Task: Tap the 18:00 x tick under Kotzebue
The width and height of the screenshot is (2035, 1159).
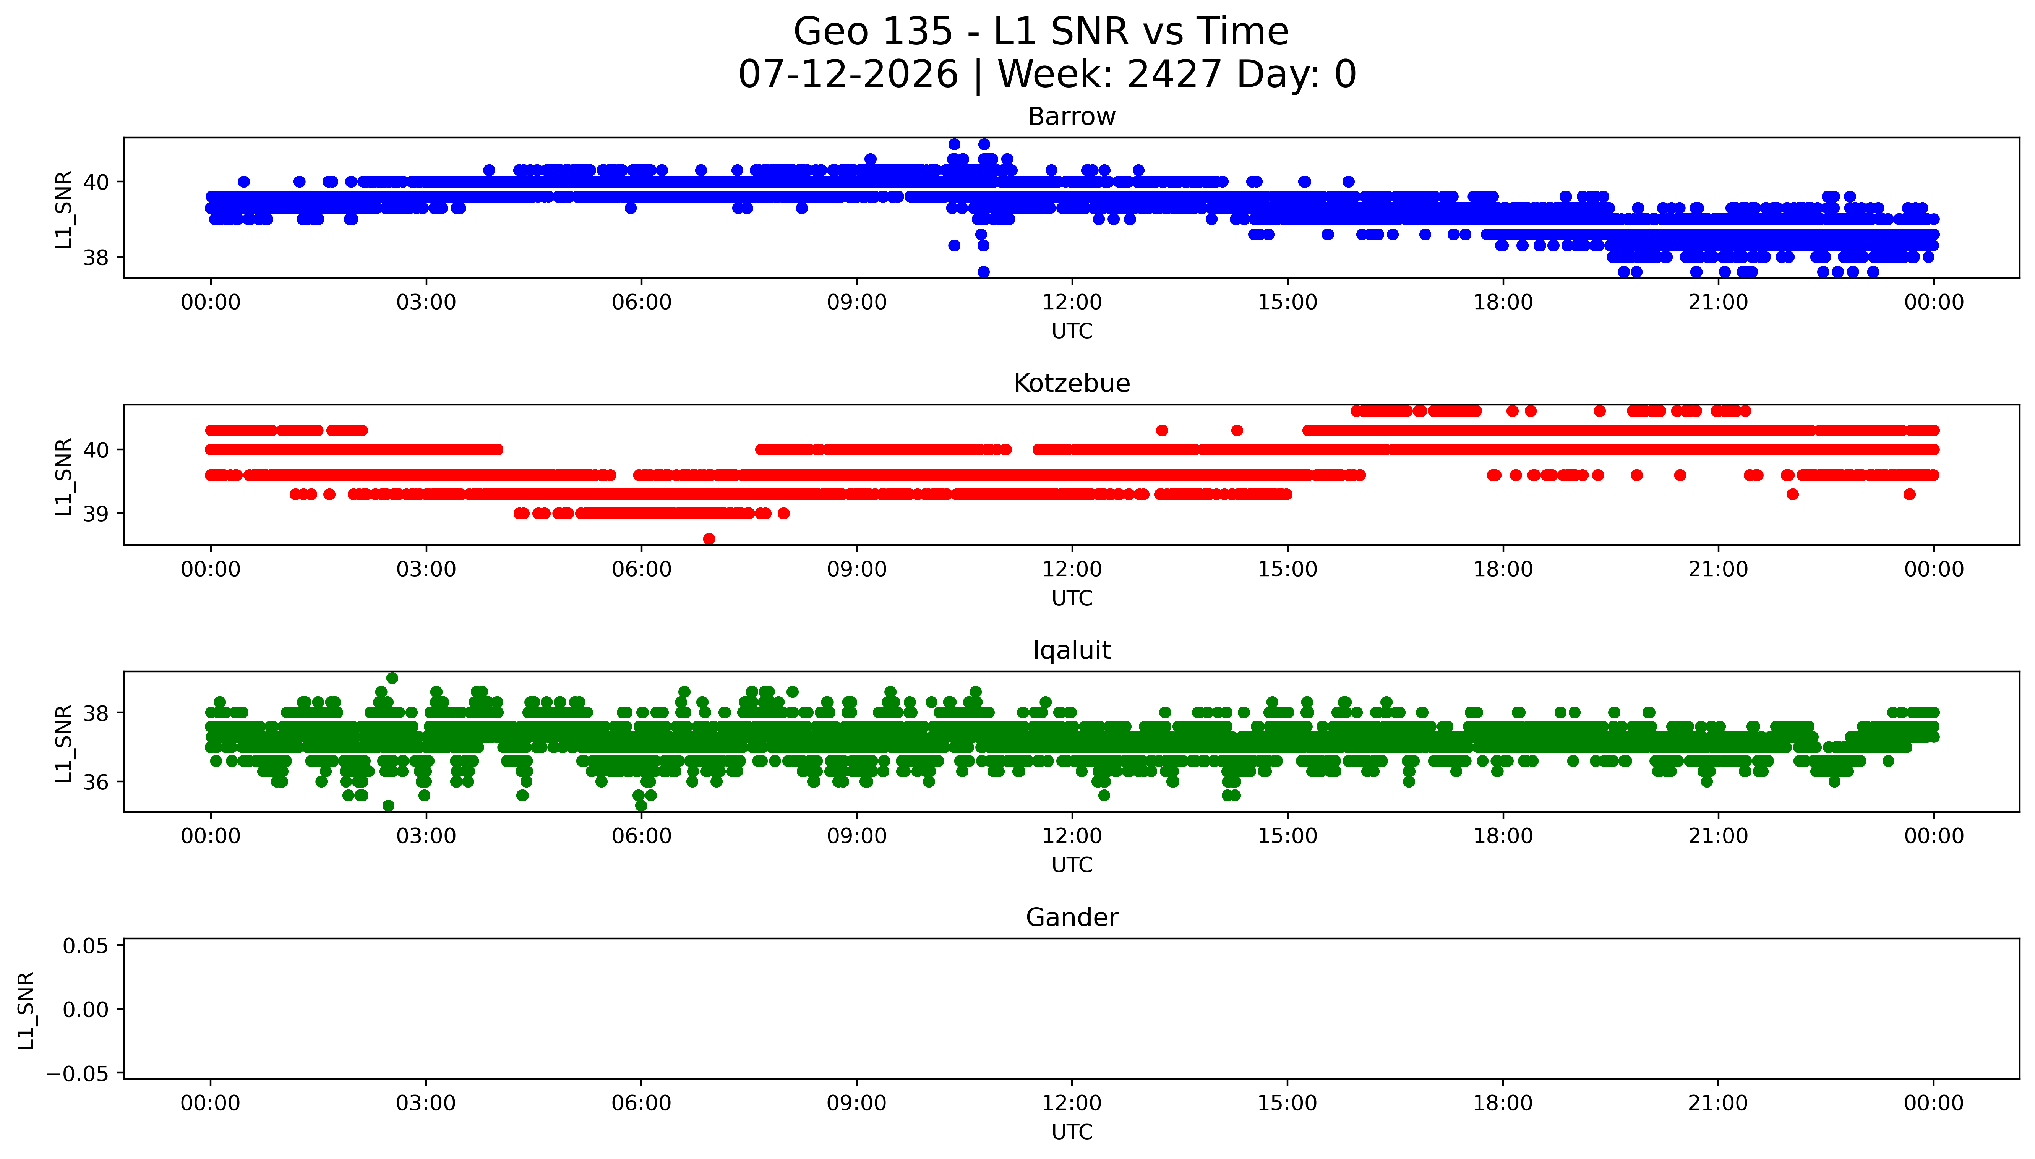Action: point(1503,569)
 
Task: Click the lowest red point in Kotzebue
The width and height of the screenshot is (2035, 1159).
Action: point(709,539)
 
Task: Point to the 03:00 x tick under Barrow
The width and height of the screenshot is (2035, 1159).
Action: point(426,303)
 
